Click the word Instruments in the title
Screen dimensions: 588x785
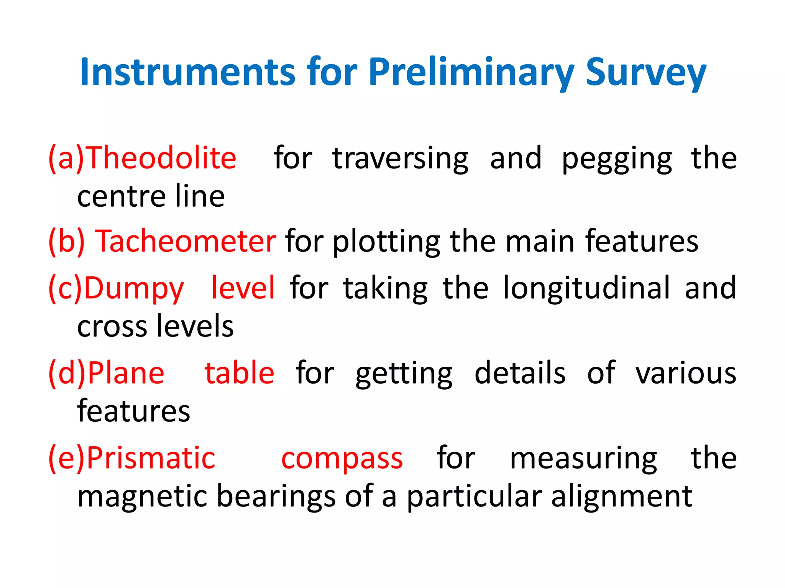coord(188,72)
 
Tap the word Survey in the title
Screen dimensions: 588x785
coord(646,73)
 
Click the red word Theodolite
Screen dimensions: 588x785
coord(162,158)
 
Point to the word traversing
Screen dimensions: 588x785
coord(400,158)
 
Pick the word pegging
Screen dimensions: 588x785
coord(617,159)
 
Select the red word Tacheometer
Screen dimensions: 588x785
coord(186,241)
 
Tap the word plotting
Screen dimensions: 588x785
coord(386,242)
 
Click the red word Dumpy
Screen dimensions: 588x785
coord(134,288)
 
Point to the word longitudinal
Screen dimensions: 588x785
coord(587,287)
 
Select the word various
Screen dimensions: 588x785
coord(686,373)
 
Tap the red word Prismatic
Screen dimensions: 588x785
coord(151,458)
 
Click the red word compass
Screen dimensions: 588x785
coord(342,459)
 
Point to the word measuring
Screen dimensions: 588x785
coord(583,459)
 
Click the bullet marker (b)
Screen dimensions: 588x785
coord(66,241)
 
